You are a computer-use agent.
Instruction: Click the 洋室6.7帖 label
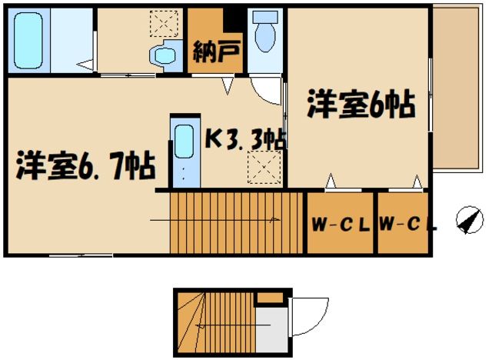tap(85, 165)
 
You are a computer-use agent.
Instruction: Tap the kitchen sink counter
tap(183, 151)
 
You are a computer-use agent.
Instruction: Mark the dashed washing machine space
tap(162, 23)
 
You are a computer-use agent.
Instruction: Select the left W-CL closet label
tap(341, 225)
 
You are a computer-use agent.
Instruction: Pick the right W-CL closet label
tap(407, 225)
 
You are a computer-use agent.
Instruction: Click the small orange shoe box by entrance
tap(268, 297)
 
